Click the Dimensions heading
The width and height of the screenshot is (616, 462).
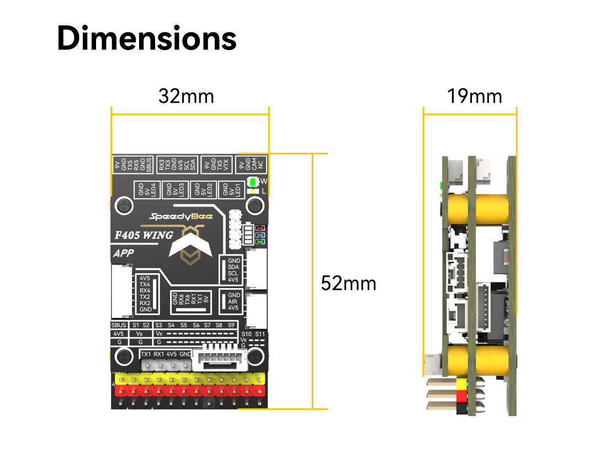click(x=147, y=39)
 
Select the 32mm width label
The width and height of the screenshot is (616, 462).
click(x=186, y=96)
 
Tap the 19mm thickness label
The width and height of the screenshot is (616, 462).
click(x=474, y=96)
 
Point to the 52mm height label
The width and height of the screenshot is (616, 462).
click(x=348, y=283)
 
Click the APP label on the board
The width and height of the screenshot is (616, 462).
click(x=123, y=254)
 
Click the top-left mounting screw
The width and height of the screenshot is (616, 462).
click(x=124, y=206)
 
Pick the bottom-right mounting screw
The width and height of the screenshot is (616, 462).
click(x=254, y=356)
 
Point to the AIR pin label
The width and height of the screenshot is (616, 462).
click(x=233, y=301)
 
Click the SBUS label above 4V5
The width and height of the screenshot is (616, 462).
click(x=119, y=325)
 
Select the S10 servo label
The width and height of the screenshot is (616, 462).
click(x=247, y=334)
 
